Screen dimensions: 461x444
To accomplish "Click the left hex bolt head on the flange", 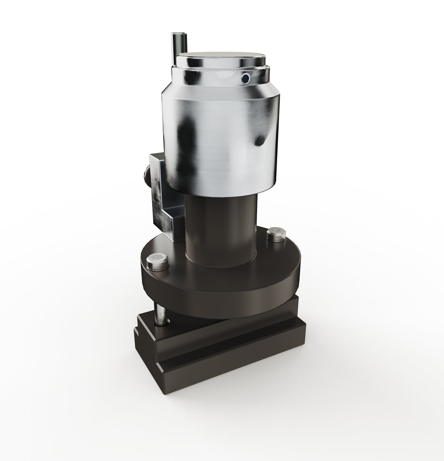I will [x=157, y=261].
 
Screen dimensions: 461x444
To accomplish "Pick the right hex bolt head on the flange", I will [x=276, y=234].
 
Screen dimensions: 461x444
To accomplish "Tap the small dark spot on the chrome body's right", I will [x=260, y=141].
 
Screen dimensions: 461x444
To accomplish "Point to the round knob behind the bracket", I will [x=146, y=174].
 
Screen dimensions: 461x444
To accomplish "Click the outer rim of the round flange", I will [x=222, y=294].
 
